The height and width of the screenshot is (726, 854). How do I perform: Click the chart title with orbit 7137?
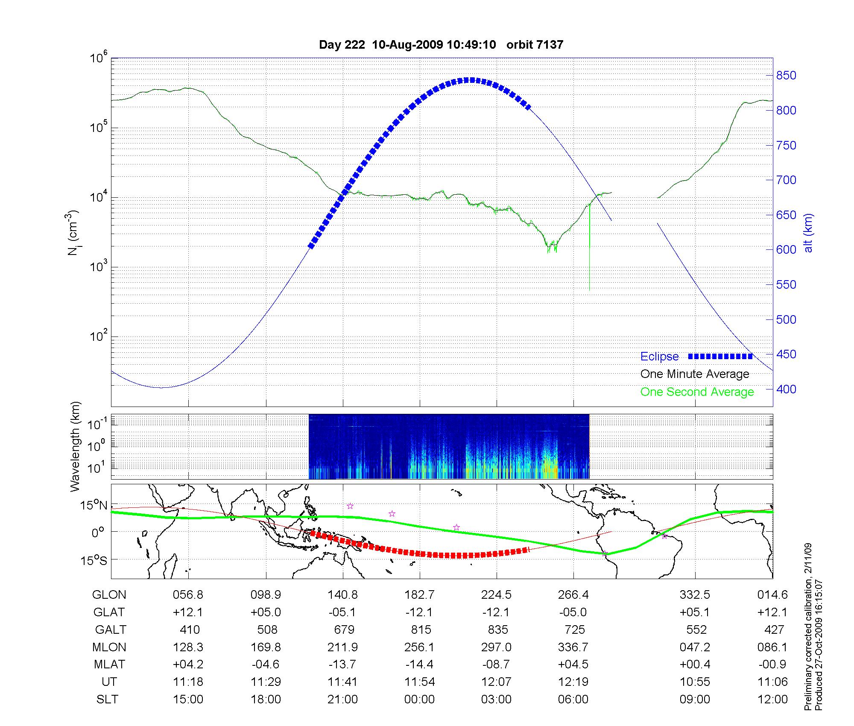point(441,44)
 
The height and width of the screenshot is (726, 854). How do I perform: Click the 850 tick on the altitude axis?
point(786,76)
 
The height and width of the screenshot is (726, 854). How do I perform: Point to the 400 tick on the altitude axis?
point(786,389)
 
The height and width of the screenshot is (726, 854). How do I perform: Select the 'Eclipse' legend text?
point(659,357)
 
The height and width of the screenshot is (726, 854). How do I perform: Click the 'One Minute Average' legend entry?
point(695,374)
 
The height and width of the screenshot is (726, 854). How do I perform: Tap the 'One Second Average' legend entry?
point(697,392)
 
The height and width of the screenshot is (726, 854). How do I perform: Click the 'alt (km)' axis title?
point(808,233)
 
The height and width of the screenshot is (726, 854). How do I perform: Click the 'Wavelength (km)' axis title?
point(75,446)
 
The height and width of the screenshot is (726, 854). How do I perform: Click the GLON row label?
point(109,595)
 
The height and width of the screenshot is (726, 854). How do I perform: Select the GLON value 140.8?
point(342,595)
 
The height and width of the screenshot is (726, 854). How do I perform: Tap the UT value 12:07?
point(496,682)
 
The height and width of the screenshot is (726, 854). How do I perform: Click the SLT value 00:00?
point(419,699)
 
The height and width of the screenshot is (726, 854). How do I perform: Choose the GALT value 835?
point(498,630)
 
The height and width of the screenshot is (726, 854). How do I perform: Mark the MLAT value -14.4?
point(419,665)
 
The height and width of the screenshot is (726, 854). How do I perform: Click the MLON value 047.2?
point(695,647)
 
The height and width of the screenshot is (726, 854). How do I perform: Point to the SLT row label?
point(107,699)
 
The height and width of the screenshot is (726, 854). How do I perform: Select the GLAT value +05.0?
point(266,612)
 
